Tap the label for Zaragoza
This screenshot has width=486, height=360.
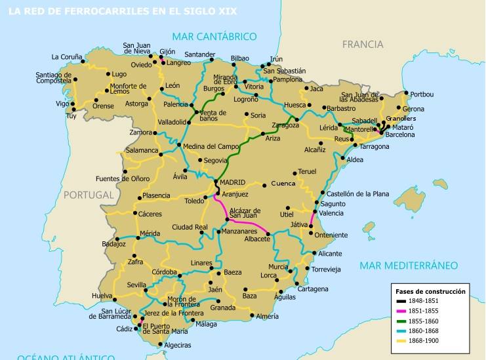[x=285, y=125]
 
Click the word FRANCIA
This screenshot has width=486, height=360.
[x=362, y=45]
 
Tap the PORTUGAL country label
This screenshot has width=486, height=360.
[x=89, y=195]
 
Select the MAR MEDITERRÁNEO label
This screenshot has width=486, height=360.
[x=408, y=265]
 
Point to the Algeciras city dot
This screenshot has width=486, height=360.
[x=157, y=340]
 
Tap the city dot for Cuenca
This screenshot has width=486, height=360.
[x=265, y=186]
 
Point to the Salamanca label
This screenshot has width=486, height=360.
[x=143, y=150]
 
